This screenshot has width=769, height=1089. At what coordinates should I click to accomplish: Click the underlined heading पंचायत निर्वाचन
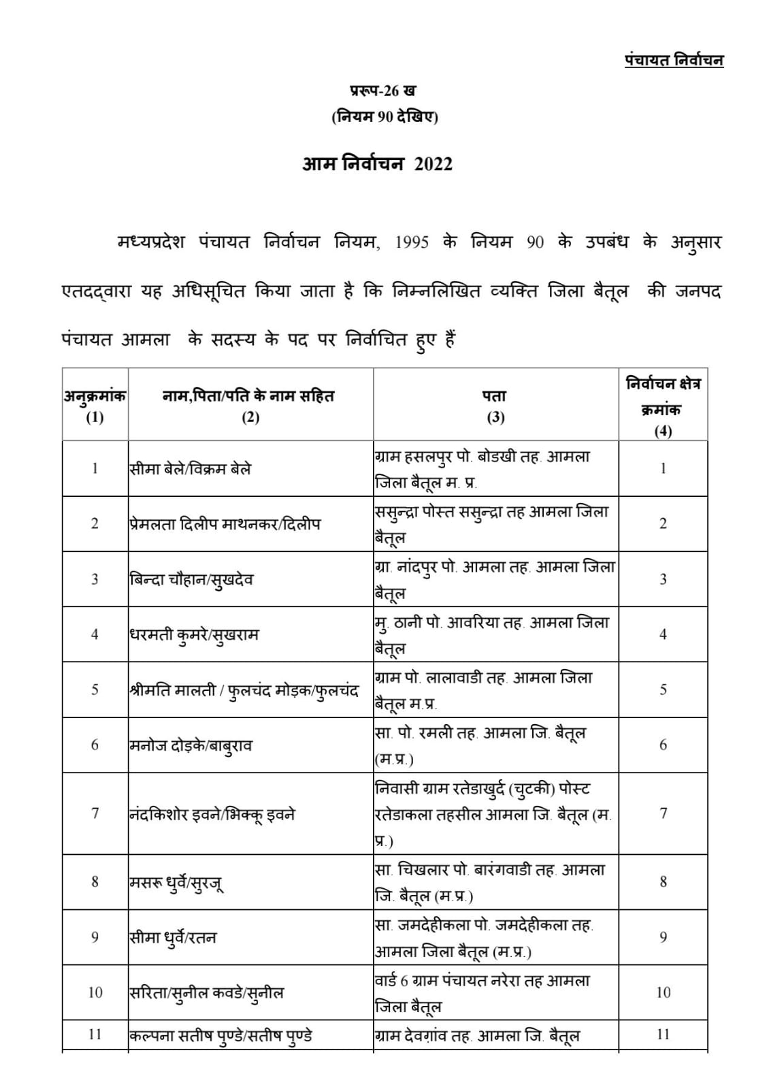(x=674, y=61)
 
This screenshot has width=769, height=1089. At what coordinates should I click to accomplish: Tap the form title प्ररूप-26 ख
(x=384, y=90)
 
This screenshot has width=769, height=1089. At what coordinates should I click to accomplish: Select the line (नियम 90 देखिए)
(x=384, y=117)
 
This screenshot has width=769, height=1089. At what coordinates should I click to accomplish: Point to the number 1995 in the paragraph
(x=412, y=243)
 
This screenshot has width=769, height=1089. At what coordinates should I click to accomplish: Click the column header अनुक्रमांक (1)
(x=95, y=406)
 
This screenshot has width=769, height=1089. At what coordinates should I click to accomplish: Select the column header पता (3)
(x=495, y=406)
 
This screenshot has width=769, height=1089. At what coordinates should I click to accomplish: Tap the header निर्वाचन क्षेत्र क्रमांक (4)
(x=663, y=406)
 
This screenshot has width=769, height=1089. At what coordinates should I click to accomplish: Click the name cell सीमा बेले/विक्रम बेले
(x=191, y=469)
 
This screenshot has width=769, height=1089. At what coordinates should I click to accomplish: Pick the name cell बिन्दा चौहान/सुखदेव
(x=191, y=580)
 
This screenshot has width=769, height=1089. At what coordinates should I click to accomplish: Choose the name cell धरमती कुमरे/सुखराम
(x=194, y=635)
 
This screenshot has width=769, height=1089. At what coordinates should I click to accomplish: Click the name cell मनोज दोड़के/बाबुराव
(x=191, y=745)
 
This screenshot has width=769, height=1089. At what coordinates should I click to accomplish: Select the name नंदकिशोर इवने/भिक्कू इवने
(x=212, y=814)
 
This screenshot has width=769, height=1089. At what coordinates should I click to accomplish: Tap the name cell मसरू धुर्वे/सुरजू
(x=176, y=883)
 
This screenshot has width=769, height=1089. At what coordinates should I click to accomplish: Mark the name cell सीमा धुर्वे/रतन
(x=173, y=938)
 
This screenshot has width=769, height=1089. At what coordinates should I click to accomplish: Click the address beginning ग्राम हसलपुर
(x=482, y=469)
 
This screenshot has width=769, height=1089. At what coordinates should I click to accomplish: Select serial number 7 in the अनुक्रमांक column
(x=95, y=814)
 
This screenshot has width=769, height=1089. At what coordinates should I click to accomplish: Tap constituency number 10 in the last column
(x=663, y=993)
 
